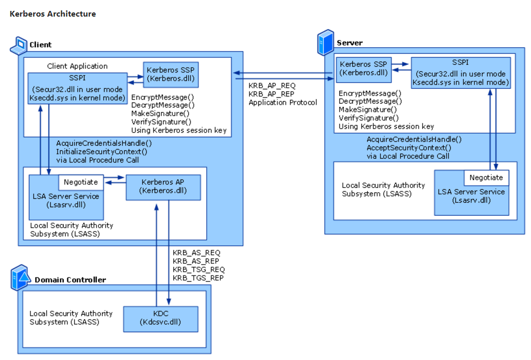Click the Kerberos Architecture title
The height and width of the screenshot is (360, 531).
pos(53,14)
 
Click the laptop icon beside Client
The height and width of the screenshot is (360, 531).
pos(18,45)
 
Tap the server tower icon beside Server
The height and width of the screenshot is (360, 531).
pos(326,43)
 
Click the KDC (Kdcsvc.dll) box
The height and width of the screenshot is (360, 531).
pos(160,319)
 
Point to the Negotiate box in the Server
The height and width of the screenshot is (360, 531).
pos(486,177)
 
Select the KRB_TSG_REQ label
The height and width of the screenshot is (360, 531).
pos(199,270)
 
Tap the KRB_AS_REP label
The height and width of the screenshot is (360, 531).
pos(195,261)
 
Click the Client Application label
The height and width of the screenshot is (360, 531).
pos(77,66)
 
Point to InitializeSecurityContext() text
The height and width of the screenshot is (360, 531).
pos(102,151)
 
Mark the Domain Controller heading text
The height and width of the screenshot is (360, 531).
pos(70,280)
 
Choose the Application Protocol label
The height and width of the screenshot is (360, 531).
pos(283,103)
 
